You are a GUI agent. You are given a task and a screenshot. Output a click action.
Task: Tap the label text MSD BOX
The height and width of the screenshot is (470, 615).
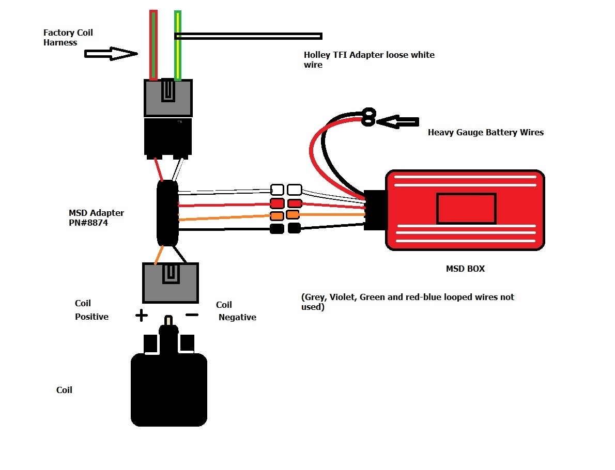tap(465, 269)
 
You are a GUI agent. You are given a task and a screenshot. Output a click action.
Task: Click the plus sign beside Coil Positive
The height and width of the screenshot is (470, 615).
tap(141, 315)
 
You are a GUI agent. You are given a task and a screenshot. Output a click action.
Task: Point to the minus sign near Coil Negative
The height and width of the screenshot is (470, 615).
tap(191, 315)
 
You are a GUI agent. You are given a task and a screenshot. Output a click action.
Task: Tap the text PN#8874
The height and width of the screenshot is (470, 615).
tap(88, 224)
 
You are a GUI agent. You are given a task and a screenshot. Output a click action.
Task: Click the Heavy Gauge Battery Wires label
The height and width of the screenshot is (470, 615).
tap(485, 132)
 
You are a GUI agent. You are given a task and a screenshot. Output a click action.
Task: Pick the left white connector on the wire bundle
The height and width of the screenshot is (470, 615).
tap(278, 190)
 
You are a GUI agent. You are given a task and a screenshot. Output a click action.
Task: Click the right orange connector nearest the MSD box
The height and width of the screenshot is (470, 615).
tap(294, 214)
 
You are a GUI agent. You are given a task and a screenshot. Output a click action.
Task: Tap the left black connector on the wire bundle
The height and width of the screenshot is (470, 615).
tap(278, 229)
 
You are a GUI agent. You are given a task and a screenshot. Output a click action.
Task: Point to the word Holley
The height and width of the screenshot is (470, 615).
tap(317, 55)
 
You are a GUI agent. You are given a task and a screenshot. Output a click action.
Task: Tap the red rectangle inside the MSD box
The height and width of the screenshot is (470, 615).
tap(466, 208)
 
